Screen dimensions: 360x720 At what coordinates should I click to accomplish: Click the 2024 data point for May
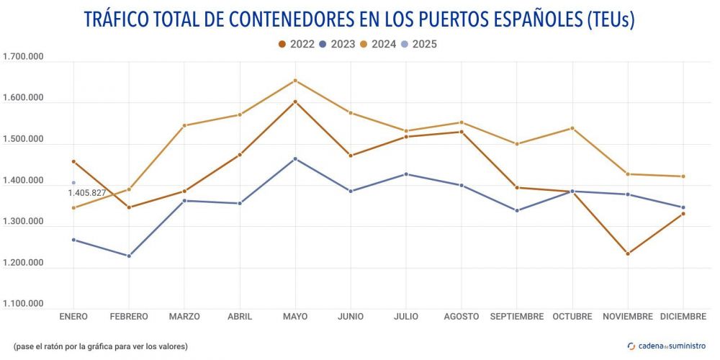point(295,81)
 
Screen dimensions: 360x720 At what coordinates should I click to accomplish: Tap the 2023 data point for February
point(129,256)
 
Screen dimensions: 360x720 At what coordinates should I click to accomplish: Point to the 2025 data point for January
point(73,183)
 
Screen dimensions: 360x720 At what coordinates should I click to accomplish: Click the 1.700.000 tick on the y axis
point(23,58)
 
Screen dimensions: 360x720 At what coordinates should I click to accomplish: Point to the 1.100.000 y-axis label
point(23,304)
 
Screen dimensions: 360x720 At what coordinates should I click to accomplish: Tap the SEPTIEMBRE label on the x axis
point(517,317)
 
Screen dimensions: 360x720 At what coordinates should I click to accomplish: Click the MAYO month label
point(295,317)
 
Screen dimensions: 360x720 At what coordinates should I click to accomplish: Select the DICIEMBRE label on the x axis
point(683,317)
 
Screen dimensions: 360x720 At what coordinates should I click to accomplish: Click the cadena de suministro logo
point(667,346)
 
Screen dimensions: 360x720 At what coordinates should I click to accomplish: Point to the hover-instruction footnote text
point(100,346)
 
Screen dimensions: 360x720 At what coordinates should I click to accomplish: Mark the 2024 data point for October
point(572,128)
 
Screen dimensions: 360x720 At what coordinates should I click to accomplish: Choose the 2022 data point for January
point(73,161)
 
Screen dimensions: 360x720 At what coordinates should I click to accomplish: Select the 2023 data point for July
point(406,174)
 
